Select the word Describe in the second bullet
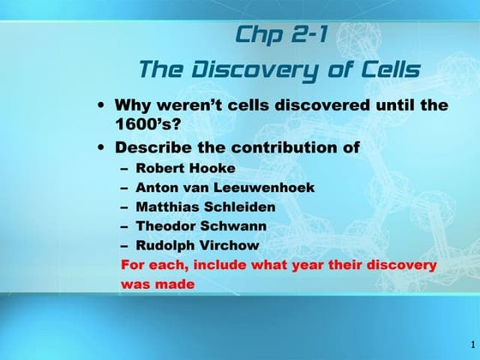(163, 147)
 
